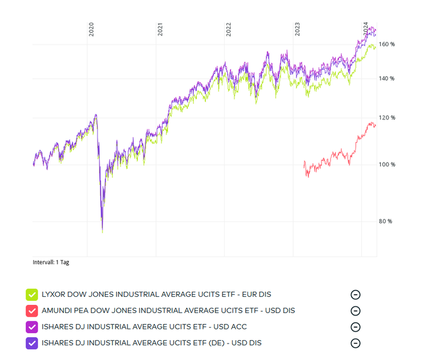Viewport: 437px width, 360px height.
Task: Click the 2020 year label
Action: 91,30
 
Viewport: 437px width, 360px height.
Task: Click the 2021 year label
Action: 160,30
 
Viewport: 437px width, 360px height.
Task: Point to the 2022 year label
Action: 228,30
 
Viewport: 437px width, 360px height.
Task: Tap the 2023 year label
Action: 297,30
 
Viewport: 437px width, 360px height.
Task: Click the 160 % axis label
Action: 387,44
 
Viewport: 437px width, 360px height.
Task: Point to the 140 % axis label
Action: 387,78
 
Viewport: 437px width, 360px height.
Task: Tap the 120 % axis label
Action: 387,118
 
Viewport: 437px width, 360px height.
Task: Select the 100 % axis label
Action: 387,164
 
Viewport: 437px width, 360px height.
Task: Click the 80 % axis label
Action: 386,221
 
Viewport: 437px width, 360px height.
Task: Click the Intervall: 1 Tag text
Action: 51,262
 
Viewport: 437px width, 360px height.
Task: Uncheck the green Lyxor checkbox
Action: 31,295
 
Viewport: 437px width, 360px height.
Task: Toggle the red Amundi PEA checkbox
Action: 31,311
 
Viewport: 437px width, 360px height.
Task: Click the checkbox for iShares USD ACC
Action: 31,327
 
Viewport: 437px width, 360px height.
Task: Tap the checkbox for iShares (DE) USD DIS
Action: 31,343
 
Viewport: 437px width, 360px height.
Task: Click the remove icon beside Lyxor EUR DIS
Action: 356,295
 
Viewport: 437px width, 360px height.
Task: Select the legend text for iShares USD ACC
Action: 144,327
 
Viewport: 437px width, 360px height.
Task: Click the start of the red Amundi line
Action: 304,162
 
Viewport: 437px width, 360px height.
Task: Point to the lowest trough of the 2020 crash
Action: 102,231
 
